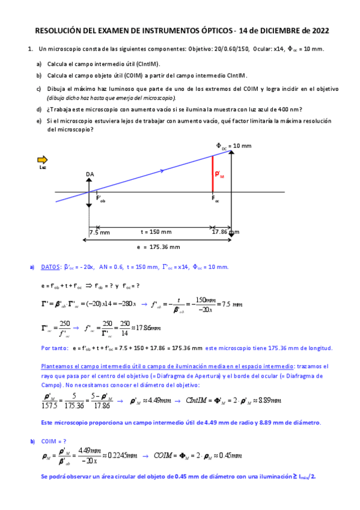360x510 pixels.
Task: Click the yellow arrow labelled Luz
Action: pyautogui.click(x=42, y=159)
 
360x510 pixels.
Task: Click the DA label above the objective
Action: pyautogui.click(x=90, y=174)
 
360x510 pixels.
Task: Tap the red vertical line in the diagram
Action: pyautogui.click(x=213, y=174)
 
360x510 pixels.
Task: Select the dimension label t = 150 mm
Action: pyautogui.click(x=156, y=232)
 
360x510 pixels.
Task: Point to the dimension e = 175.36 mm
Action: pyautogui.click(x=159, y=247)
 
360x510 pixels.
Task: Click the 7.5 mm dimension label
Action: pyautogui.click(x=99, y=232)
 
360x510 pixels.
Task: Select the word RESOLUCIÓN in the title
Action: pyautogui.click(x=59, y=29)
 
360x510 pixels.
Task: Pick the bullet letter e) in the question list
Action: pyautogui.click(x=39, y=120)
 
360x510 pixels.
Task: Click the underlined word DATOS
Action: pyautogui.click(x=50, y=267)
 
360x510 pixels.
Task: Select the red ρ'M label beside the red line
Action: pyautogui.click(x=219, y=174)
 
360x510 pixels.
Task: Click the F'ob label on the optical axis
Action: pyautogui.click(x=101, y=199)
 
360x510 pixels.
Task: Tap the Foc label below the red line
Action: pyautogui.click(x=215, y=199)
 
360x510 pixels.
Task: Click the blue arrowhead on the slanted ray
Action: pyautogui.click(x=163, y=171)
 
